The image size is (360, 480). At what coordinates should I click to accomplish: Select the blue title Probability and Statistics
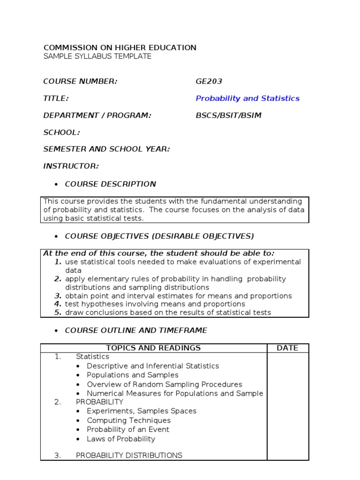[x=247, y=98]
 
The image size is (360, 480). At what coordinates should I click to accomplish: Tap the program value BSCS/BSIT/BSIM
[x=228, y=116]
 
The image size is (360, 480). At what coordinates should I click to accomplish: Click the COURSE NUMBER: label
[x=80, y=82]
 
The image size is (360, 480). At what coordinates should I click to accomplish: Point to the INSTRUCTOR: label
[x=71, y=166]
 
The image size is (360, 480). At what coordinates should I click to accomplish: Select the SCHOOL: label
[x=61, y=133]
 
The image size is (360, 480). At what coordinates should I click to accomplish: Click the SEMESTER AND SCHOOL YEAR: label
[x=106, y=149]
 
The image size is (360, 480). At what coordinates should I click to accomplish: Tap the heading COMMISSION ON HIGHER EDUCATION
[x=120, y=47]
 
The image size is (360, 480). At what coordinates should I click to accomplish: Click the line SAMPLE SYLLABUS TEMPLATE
[x=97, y=56]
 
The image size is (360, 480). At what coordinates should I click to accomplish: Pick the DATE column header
[x=287, y=348]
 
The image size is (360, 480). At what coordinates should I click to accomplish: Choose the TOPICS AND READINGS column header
[x=153, y=348]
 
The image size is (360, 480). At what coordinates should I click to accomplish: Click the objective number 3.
[x=58, y=296]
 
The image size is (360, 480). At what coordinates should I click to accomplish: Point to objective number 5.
[x=58, y=313]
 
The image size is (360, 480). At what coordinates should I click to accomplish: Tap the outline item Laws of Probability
[x=121, y=439]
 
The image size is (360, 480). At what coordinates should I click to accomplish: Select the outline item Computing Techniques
[x=128, y=420]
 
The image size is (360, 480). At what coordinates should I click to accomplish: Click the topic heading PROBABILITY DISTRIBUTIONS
[x=129, y=455]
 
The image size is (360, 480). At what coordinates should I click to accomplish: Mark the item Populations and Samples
[x=133, y=375]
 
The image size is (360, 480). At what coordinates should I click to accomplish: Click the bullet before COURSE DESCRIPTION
[x=56, y=184]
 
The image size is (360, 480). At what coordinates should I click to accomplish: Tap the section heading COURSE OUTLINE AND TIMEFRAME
[x=136, y=330]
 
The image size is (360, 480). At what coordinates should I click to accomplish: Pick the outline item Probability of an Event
[x=128, y=429]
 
